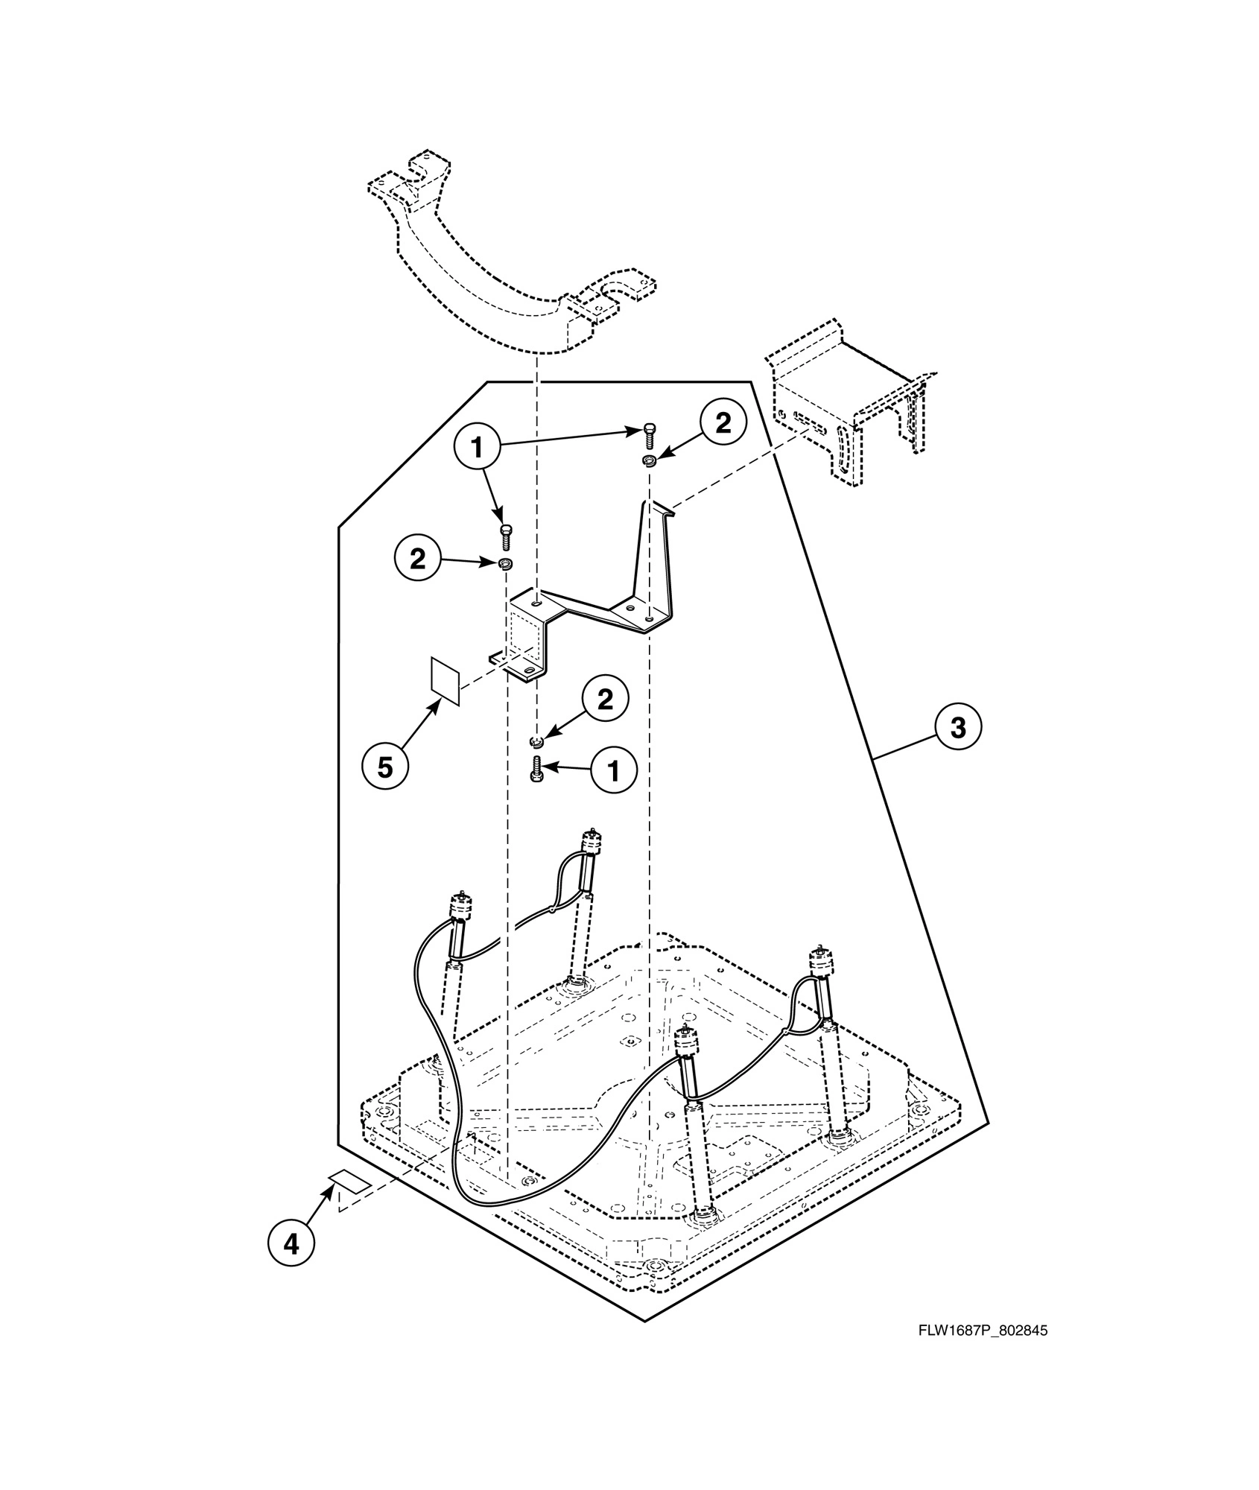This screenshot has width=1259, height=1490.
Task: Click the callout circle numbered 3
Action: pos(958,727)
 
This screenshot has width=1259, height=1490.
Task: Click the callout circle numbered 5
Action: pos(384,767)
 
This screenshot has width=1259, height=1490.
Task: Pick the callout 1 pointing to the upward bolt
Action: pos(614,771)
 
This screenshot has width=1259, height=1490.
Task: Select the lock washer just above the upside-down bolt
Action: pos(536,741)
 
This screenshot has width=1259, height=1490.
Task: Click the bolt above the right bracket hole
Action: pos(650,433)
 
